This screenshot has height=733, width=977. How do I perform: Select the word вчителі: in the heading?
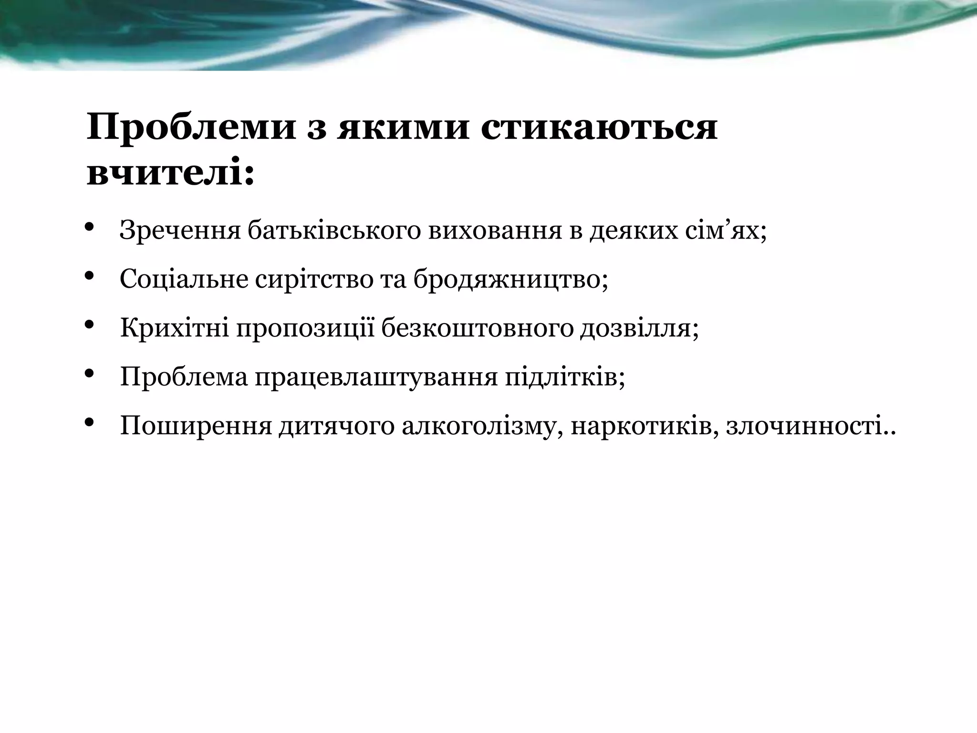click(170, 174)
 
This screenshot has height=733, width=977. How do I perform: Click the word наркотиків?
click(644, 426)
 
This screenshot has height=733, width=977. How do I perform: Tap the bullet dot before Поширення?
click(89, 421)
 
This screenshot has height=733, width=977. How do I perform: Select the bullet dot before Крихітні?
click(89, 325)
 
